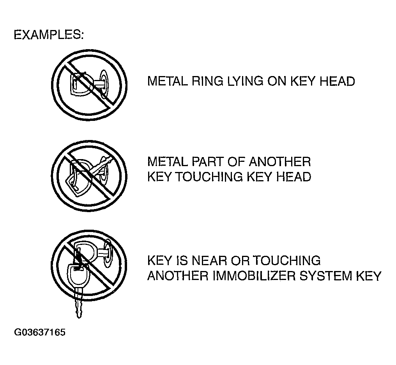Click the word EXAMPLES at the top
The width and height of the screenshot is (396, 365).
click(x=48, y=35)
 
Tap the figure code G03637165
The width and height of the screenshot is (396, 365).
click(x=40, y=333)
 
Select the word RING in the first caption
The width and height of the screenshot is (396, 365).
click(x=206, y=81)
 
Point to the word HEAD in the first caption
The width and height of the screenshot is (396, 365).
click(x=336, y=81)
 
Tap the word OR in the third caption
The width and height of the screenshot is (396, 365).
click(x=241, y=260)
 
